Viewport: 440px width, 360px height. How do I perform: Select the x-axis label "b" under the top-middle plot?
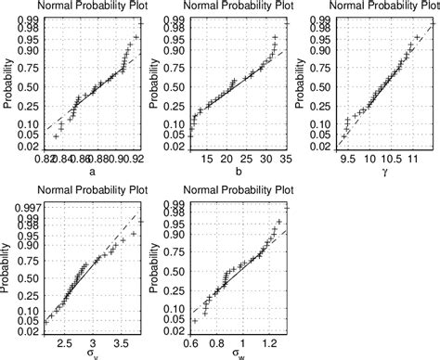(239, 172)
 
